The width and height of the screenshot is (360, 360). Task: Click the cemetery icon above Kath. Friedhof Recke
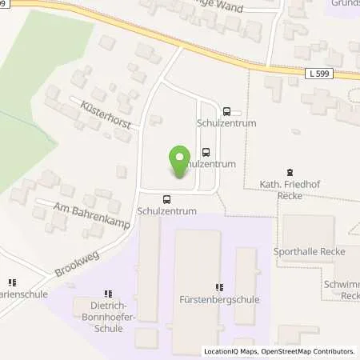pyautogui.click(x=290, y=172)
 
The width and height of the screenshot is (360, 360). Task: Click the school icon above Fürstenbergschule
pyautogui.click(x=219, y=287)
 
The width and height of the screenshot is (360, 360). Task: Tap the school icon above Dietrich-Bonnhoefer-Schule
pyautogui.click(x=108, y=294)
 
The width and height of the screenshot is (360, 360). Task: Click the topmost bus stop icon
pyautogui.click(x=227, y=112)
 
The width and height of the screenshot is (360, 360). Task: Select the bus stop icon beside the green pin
pyautogui.click(x=206, y=151)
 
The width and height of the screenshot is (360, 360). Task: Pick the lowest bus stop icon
pyautogui.click(x=166, y=199)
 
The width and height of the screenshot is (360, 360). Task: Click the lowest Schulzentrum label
pyautogui.click(x=166, y=211)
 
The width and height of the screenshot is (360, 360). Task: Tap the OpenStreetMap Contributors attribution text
pyautogui.click(x=312, y=351)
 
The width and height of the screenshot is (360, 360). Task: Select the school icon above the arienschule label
pyautogui.click(x=12, y=282)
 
